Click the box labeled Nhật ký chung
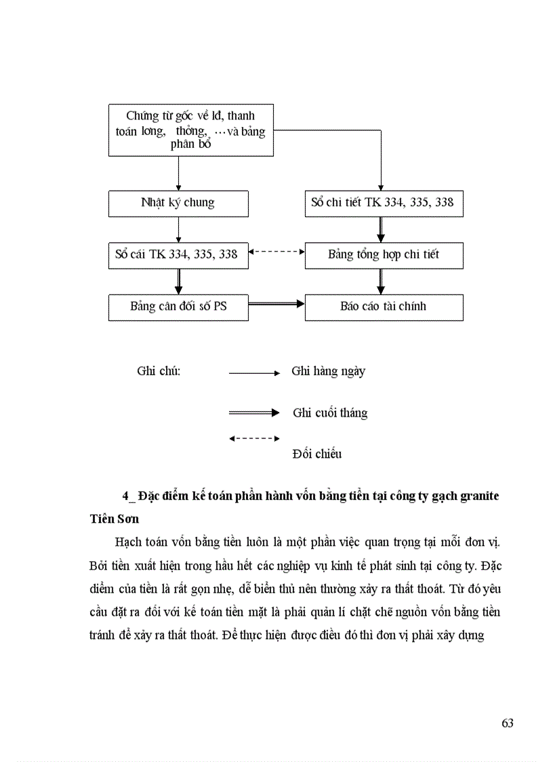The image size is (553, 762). [178, 203]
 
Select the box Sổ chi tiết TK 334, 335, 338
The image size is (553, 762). [384, 203]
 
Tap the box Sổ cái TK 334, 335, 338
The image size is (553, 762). [178, 254]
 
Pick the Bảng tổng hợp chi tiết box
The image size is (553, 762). [384, 254]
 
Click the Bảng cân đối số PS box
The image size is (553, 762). [178, 307]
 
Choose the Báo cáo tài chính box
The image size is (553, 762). [384, 307]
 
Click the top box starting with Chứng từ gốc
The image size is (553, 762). [191, 130]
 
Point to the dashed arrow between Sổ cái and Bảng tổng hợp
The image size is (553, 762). [276, 252]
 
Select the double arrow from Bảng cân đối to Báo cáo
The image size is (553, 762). [276, 306]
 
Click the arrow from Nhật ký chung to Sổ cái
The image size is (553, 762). [178, 229]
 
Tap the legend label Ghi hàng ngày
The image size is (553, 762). [329, 371]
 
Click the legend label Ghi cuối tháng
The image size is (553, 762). [330, 413]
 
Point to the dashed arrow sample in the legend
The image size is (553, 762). [254, 438]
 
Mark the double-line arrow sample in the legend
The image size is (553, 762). [254, 413]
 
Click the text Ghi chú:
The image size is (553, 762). [159, 371]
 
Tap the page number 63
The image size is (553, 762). [507, 723]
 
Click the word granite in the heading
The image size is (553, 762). [478, 496]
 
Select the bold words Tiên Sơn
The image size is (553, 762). [114, 519]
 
